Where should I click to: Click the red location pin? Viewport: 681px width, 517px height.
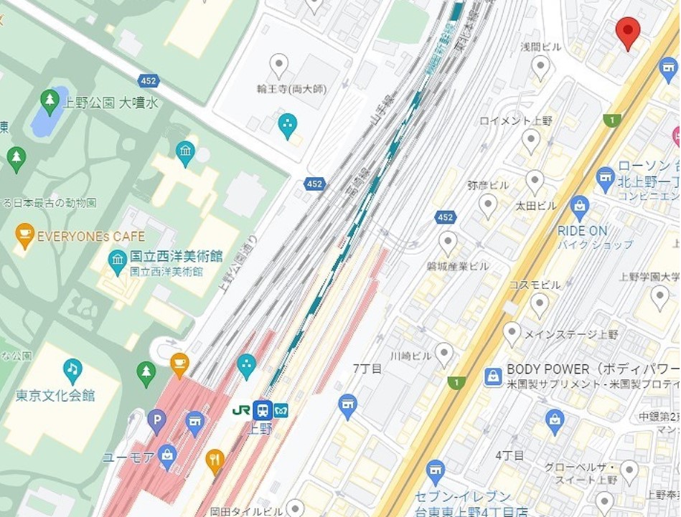coord(628,32)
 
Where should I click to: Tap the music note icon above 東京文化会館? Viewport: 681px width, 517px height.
coord(72,369)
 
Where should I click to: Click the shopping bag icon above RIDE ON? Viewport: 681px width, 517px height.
coord(580,207)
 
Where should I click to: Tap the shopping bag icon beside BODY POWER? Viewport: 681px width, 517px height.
coord(493,376)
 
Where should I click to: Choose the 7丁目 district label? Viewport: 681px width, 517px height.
coord(367,368)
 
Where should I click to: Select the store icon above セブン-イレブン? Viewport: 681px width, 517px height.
coord(435,471)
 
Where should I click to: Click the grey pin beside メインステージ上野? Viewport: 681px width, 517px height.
coord(512,333)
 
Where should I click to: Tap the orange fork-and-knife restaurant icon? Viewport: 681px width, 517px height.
coord(215,460)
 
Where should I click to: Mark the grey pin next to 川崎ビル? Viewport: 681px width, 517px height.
coord(444,354)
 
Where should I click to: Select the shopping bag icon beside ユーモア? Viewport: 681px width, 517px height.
coord(167,454)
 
